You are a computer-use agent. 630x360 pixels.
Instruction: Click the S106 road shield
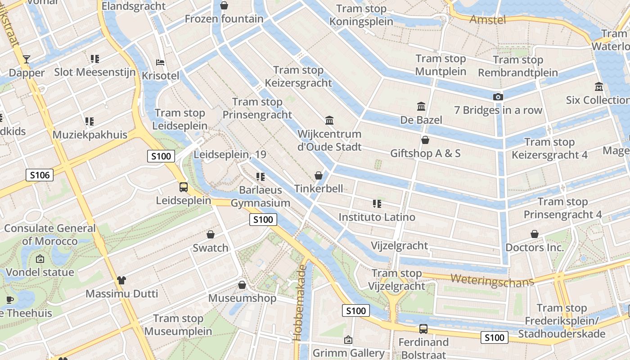40,175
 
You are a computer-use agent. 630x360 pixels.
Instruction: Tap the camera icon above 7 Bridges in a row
497,97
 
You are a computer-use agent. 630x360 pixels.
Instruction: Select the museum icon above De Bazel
421,107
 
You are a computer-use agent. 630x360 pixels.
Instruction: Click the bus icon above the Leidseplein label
184,187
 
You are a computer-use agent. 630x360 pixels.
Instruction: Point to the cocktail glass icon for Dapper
27,59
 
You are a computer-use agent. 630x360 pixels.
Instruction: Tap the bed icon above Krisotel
160,63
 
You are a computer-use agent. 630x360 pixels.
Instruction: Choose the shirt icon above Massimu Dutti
121,280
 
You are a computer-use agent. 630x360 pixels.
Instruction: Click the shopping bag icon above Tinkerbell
319,175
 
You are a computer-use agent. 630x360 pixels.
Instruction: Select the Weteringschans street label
492,280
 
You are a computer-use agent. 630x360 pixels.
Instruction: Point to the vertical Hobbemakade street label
300,302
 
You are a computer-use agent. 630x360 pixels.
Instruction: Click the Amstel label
488,19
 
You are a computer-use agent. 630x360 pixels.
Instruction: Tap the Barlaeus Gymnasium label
261,196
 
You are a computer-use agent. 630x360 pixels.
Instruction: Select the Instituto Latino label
377,217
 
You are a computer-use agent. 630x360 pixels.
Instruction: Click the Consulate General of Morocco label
50,234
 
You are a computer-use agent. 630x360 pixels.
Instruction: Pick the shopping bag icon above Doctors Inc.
535,234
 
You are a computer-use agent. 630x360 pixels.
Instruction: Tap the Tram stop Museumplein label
178,325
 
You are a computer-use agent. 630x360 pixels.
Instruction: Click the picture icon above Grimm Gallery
348,340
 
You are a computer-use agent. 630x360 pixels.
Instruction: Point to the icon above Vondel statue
40,259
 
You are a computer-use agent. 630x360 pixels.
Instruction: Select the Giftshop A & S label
425,153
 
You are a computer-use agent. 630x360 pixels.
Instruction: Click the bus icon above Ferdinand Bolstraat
423,329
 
